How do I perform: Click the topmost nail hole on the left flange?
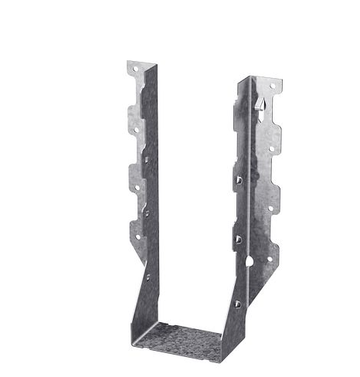coord(136,70)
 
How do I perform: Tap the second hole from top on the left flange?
coord(136,129)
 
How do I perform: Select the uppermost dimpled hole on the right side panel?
coord(239,179)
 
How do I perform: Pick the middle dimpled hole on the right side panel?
coord(238,239)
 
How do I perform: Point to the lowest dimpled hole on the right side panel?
coord(237,304)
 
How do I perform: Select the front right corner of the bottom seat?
coord(222,360)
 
